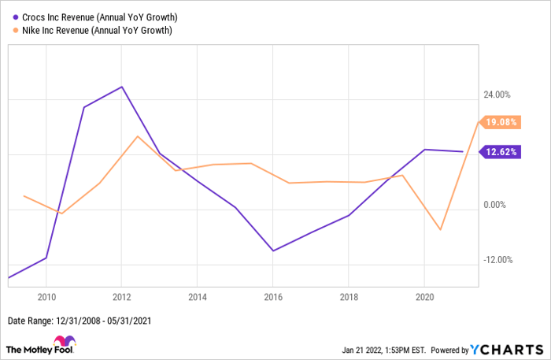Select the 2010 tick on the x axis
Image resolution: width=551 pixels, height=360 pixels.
point(46,297)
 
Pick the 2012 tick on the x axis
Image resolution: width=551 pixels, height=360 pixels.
point(121,297)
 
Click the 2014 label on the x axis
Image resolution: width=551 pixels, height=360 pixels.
point(197,297)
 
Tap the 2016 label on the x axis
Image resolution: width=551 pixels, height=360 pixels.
point(272,297)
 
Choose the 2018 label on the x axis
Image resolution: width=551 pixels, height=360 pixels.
point(349,297)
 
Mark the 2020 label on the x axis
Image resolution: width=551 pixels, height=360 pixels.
point(424,297)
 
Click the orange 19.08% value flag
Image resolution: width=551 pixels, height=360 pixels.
point(500,122)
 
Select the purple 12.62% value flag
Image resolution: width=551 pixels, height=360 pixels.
point(500,152)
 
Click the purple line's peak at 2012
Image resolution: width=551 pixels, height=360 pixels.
point(121,87)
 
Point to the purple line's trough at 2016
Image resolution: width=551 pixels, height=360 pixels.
point(272,251)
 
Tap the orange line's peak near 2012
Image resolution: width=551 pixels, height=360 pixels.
point(138,136)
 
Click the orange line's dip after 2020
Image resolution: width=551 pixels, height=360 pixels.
point(441,230)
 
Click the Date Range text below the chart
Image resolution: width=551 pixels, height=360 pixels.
point(79,321)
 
